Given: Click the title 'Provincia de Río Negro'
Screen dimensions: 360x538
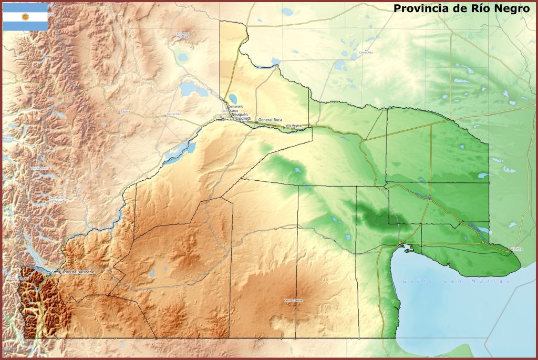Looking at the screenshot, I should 461,8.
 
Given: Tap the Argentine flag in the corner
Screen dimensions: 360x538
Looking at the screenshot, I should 25,17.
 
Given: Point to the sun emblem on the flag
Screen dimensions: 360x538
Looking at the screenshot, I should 25,17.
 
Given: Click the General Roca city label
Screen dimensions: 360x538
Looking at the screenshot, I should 270,120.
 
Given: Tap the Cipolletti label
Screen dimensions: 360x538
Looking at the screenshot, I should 243,119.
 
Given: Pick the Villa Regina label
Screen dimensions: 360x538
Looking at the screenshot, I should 294,126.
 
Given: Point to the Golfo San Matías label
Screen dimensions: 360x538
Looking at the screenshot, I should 456,282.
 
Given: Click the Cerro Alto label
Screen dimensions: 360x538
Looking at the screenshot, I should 366,53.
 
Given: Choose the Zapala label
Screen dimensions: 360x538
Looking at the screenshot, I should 125,111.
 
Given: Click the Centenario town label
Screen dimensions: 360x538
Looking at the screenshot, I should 236,107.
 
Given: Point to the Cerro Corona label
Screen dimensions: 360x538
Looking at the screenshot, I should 293,300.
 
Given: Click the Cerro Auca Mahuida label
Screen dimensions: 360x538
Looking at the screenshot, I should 182,35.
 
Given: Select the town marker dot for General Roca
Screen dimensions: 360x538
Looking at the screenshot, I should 257,122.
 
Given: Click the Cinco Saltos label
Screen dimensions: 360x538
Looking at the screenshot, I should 230,111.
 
